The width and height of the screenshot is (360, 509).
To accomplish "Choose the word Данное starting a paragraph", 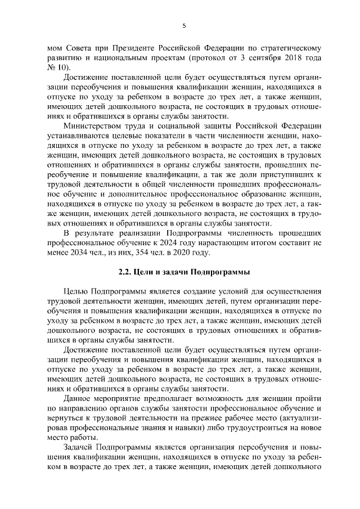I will click(x=80, y=398).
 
